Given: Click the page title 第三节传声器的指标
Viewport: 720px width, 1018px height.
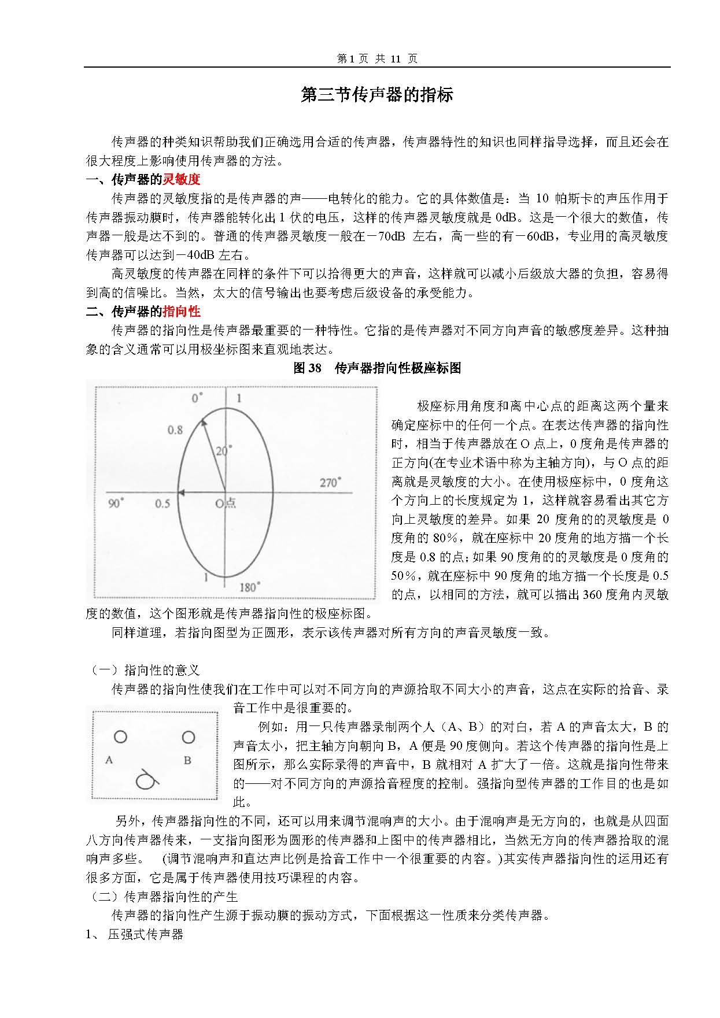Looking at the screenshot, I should pyautogui.click(x=376, y=95).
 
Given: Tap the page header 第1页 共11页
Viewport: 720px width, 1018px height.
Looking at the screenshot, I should pyautogui.click(x=376, y=58).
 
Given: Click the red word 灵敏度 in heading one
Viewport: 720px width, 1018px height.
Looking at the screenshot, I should pyautogui.click(x=182, y=179).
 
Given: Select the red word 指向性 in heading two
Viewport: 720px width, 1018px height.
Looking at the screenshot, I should pyautogui.click(x=182, y=312).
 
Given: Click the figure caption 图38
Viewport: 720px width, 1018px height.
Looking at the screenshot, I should pyautogui.click(x=307, y=368).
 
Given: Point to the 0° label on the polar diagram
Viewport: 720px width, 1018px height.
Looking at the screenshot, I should pyautogui.click(x=198, y=398).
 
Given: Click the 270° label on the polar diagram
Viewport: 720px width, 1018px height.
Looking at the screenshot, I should pyautogui.click(x=330, y=482).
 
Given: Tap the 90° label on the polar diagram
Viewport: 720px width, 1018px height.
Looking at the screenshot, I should pyautogui.click(x=116, y=503).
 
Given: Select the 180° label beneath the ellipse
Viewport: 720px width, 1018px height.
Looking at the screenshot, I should pyautogui.click(x=249, y=587).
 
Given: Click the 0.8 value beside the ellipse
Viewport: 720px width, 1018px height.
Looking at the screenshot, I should pyautogui.click(x=175, y=430).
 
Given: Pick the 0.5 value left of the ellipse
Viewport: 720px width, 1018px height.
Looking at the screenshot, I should pyautogui.click(x=163, y=504).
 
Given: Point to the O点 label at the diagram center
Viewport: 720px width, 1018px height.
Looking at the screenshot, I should pyautogui.click(x=226, y=503).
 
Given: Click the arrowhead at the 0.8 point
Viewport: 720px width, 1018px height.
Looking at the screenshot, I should pyautogui.click(x=202, y=423).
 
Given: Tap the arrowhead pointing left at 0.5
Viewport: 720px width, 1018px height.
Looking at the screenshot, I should pyautogui.click(x=180, y=493).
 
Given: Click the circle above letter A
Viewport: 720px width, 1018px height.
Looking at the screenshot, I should pyautogui.click(x=120, y=736).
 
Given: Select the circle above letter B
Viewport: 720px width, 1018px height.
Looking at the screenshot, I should pyautogui.click(x=189, y=737).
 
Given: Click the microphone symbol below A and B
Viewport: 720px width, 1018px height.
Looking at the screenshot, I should pyautogui.click(x=145, y=780).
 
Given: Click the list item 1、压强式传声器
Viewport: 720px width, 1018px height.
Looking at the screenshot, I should pyautogui.click(x=134, y=934).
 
